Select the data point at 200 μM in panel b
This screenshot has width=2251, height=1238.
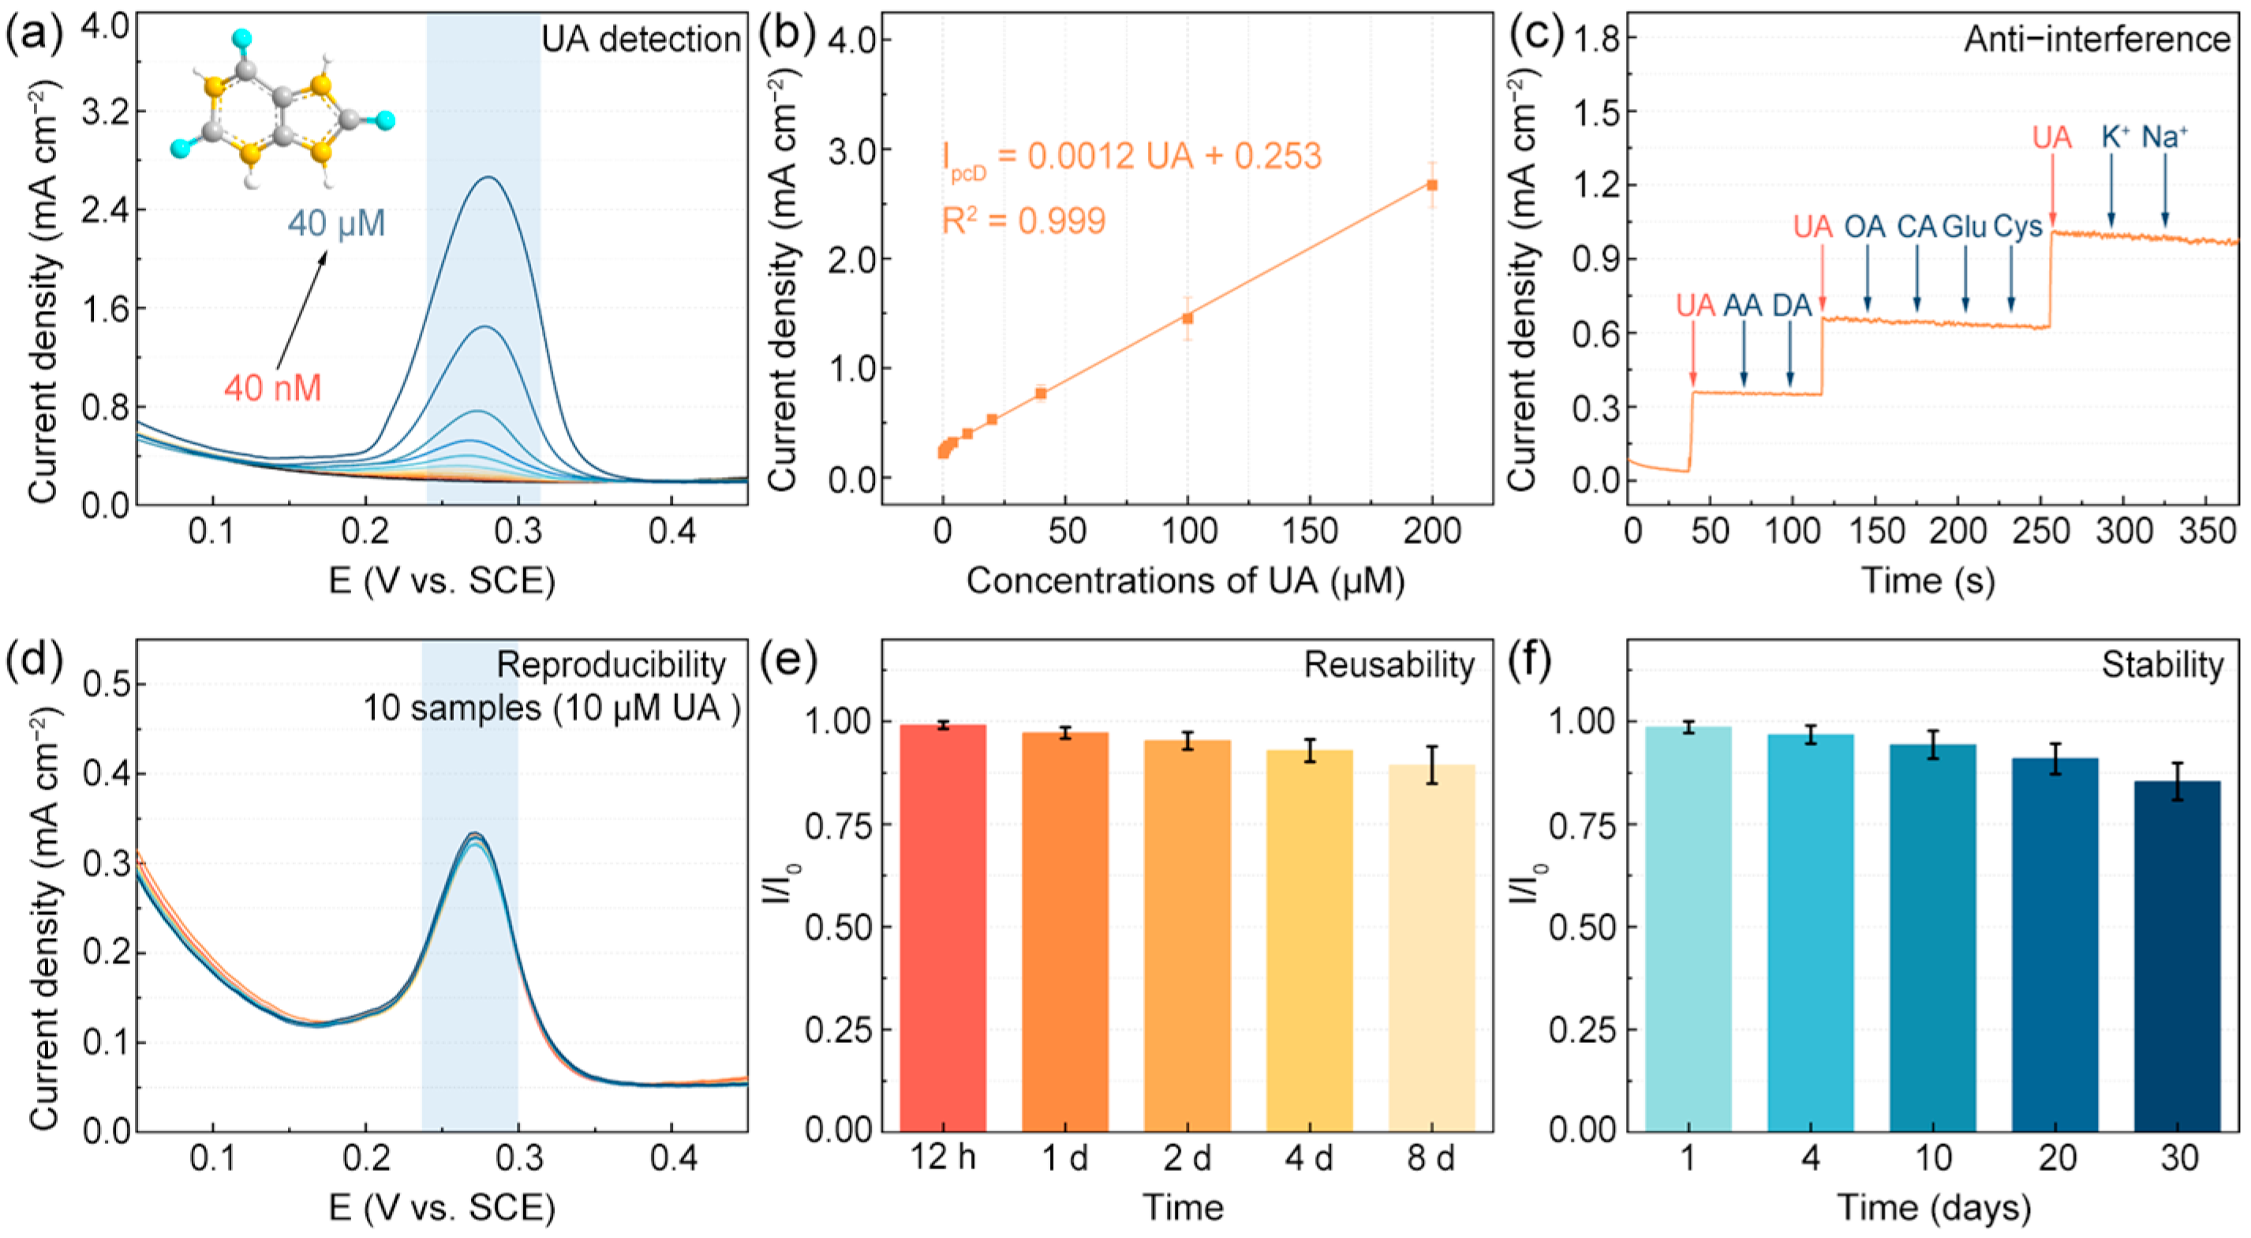[x=1432, y=186]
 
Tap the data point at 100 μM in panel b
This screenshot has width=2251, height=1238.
[x=1187, y=318]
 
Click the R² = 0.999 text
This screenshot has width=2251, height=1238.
[x=1023, y=221]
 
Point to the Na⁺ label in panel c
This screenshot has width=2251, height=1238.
[x=2164, y=137]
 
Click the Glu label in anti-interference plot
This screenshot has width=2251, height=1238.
[x=1964, y=227]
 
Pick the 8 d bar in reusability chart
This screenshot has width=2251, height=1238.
[x=1431, y=948]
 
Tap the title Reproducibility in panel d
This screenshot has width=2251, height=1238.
[x=611, y=666]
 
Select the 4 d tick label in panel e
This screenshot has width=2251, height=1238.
[x=1308, y=1158]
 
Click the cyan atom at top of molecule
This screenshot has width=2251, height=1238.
[x=242, y=39]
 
